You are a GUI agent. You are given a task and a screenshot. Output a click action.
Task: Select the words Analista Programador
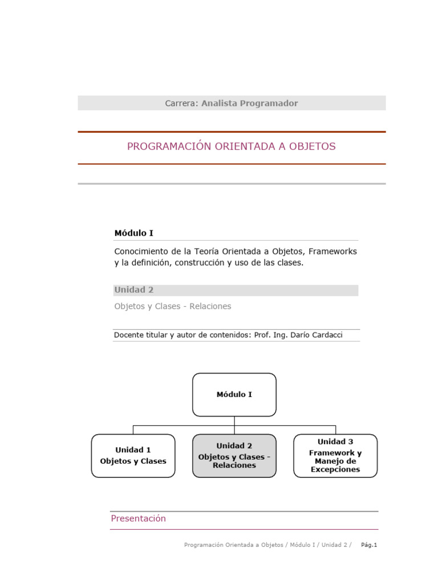pos(249,103)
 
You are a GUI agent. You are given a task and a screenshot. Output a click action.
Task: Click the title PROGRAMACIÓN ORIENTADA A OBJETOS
pos(231,147)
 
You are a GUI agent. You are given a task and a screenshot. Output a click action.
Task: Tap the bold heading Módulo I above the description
pos(133,233)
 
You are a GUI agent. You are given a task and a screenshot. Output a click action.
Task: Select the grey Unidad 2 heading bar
pos(236,290)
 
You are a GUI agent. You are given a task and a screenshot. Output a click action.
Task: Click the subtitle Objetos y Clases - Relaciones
pos(173,306)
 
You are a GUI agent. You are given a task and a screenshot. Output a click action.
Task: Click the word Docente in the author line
pos(129,335)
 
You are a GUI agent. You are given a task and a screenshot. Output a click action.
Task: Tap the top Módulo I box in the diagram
pos(234,394)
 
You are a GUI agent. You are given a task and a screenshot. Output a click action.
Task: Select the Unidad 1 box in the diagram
pos(133,456)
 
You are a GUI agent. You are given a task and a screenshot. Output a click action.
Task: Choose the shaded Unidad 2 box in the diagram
pos(234,456)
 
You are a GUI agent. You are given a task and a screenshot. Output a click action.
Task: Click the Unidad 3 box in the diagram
pos(335,456)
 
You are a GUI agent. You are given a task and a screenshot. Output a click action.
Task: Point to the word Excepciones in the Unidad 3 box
pos(335,469)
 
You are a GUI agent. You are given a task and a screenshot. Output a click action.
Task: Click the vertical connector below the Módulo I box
pos(234,421)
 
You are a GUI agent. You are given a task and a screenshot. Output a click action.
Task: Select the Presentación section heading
pos(139,518)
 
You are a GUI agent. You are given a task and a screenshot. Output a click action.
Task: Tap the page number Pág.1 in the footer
pos(369,545)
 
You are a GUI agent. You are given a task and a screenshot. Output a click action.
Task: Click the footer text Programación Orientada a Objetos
pos(233,545)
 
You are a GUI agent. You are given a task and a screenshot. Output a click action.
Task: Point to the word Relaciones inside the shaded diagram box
pos(234,465)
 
